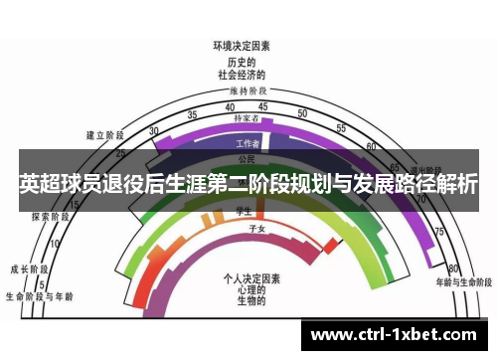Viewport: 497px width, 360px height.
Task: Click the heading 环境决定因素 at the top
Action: tap(242, 45)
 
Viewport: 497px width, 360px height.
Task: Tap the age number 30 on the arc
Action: tap(153, 131)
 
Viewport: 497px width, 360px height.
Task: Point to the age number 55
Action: tap(341, 128)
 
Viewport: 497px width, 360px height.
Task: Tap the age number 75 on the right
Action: tap(438, 231)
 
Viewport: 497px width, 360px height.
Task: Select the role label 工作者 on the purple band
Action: tap(246, 143)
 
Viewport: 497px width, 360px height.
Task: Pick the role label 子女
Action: tap(255, 228)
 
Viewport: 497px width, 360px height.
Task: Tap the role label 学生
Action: tap(241, 210)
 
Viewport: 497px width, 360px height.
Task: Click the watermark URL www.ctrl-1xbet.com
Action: tap(400, 332)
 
